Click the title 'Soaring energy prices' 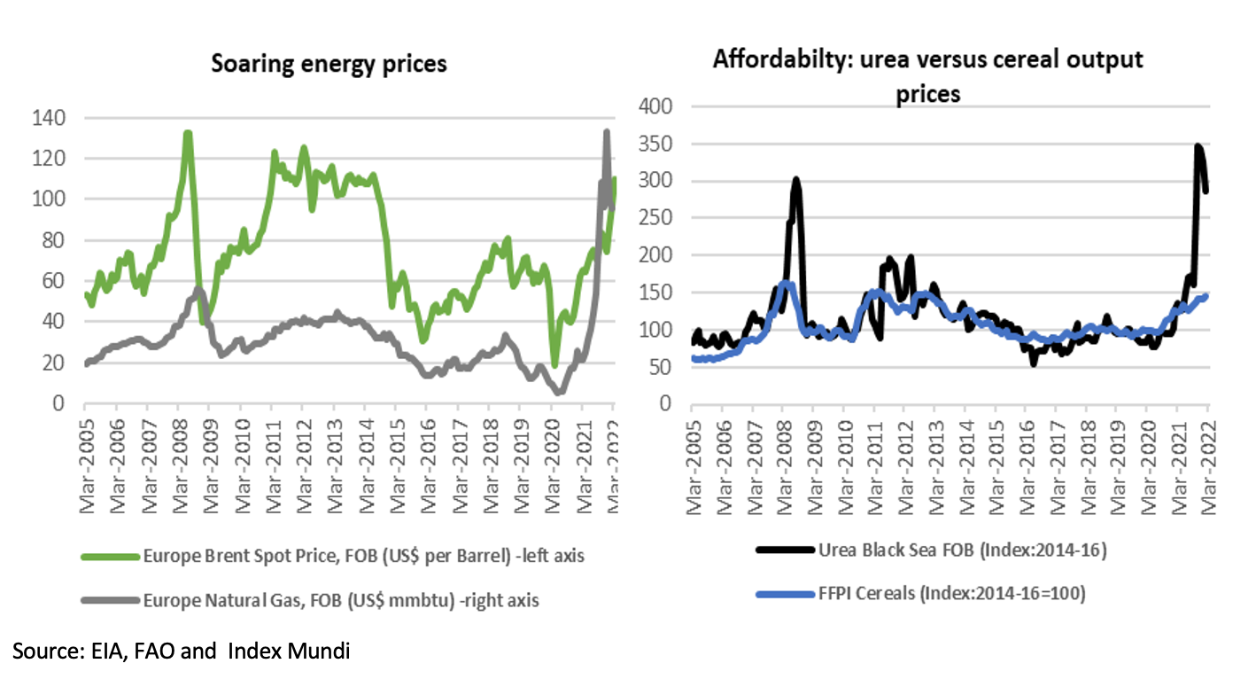pos(329,64)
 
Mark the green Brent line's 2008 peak pos(188,134)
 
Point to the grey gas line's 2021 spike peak pos(606,131)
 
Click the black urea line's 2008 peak pos(795,180)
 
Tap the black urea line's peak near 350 pos(1198,146)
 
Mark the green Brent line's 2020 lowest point pos(554,364)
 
